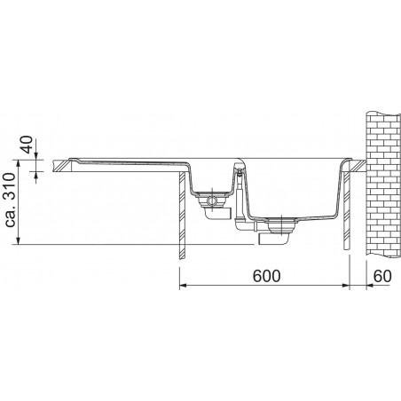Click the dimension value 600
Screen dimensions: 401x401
click(266, 276)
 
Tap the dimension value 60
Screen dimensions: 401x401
click(382, 276)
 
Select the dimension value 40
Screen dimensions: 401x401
click(28, 145)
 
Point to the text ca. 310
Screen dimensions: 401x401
click(11, 200)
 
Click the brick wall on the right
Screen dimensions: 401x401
click(383, 184)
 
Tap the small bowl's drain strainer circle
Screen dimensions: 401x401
click(212, 200)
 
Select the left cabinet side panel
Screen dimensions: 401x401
click(182, 216)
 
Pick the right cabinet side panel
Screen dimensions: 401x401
click(347, 210)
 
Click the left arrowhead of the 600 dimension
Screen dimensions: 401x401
click(183, 286)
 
